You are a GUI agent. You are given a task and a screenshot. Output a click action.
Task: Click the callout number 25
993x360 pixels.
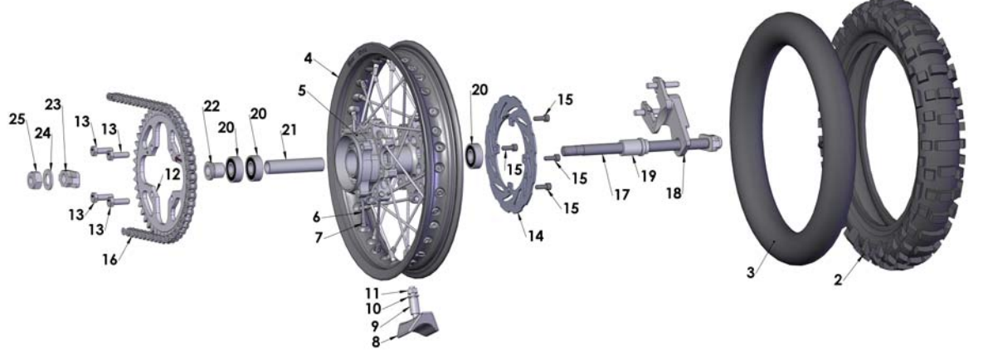[x=17, y=120]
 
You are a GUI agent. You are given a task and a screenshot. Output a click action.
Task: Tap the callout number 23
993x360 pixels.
[x=53, y=105]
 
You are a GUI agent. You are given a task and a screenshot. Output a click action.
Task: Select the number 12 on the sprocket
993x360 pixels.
[x=171, y=174]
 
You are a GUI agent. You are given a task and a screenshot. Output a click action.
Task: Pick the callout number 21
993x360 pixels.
[x=288, y=130]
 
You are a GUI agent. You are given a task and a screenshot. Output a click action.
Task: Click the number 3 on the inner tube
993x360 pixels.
[x=750, y=271]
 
